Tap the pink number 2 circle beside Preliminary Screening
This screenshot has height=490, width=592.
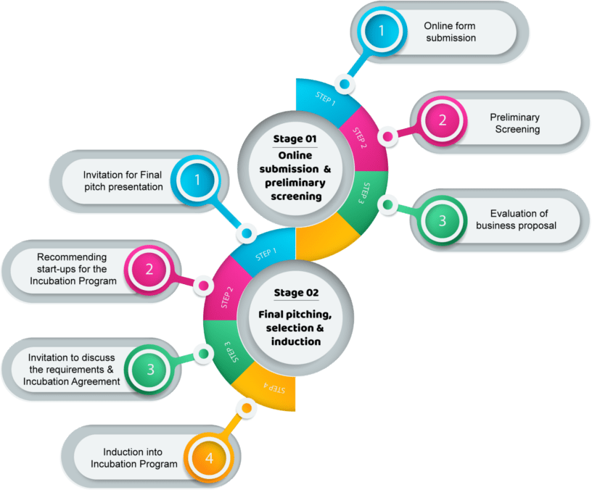point(443,120)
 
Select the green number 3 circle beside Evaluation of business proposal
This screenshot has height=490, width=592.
point(443,220)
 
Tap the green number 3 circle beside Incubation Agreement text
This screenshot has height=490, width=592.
point(150,369)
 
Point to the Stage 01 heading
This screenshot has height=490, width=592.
point(295,138)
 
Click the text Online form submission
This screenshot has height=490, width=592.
point(450,31)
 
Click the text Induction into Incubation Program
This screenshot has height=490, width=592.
point(140,457)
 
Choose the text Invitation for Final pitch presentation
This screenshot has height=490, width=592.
point(123,180)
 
